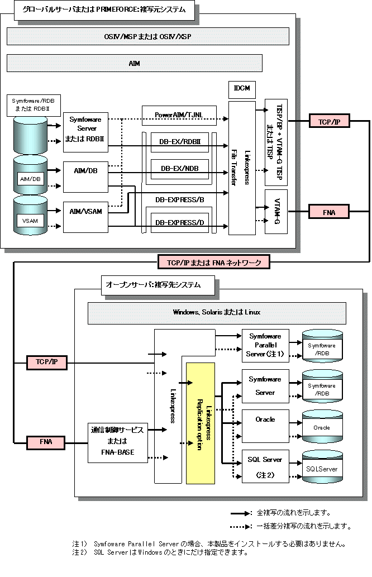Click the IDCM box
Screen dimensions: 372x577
click(x=242, y=90)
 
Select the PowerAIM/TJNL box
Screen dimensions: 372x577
click(x=179, y=115)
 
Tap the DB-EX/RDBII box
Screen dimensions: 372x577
click(x=180, y=142)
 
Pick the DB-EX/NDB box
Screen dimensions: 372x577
click(x=180, y=169)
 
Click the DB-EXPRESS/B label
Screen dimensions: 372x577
click(x=179, y=200)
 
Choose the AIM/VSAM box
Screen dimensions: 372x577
click(x=85, y=217)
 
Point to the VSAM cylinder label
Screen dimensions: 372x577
click(x=30, y=221)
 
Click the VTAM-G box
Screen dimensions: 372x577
click(x=276, y=212)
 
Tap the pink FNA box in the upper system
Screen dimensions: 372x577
click(x=328, y=212)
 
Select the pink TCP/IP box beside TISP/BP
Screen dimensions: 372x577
click(x=329, y=121)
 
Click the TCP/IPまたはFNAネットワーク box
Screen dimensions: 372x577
click(x=214, y=263)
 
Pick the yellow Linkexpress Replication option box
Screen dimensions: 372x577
click(x=201, y=423)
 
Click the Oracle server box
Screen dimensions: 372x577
click(x=265, y=426)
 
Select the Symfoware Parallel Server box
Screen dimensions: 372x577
click(x=265, y=346)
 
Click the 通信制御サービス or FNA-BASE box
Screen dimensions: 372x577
click(x=118, y=443)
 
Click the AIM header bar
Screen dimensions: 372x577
click(x=134, y=63)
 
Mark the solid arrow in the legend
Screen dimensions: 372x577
click(x=241, y=513)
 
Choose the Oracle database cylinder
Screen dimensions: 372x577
click(x=322, y=427)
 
